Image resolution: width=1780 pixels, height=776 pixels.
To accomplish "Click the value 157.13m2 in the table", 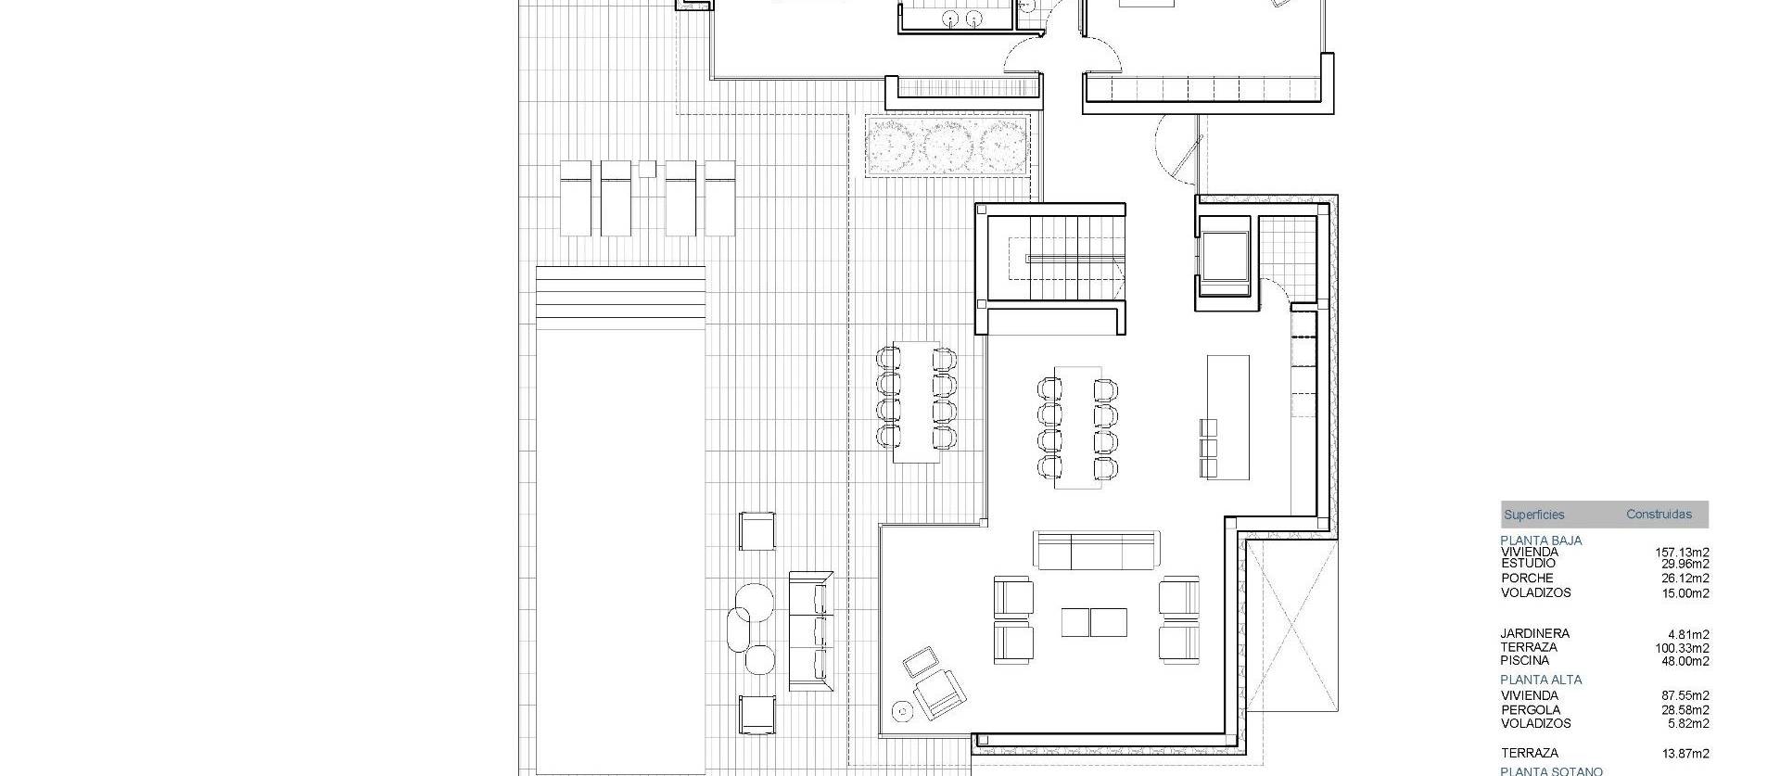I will tap(1682, 553).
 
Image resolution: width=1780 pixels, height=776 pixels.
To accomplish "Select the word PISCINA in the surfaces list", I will tap(1524, 661).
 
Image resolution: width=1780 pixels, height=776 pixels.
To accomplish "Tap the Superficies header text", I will tap(1533, 515).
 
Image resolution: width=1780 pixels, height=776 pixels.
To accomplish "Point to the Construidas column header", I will tap(1659, 515).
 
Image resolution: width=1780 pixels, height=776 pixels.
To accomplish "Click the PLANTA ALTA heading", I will tap(1541, 680).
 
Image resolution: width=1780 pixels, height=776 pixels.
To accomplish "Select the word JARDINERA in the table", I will tap(1534, 634).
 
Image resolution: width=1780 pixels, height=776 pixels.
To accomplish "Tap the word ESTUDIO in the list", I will tap(1528, 564).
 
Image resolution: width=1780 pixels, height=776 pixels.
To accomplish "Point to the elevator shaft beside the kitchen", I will tap(1225, 255).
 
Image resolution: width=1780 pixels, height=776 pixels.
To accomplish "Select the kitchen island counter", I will tap(1227, 416).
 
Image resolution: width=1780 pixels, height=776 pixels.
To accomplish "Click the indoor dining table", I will tap(1077, 427).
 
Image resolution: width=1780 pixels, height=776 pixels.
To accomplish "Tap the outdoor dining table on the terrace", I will tap(916, 402).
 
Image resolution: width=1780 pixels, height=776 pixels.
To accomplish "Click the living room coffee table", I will tap(1094, 622).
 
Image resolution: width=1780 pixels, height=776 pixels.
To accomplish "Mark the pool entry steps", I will tap(620, 298).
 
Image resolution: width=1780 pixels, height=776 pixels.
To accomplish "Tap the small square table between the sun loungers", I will tap(647, 169).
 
